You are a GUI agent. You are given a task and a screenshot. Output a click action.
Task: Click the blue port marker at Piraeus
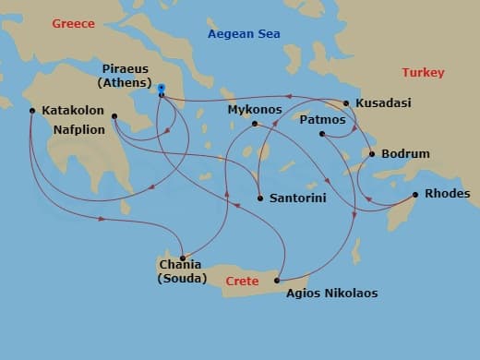[x=162, y=94]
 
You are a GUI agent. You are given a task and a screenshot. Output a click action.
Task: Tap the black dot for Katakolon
[x=32, y=111]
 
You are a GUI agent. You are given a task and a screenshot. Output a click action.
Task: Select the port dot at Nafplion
[x=114, y=116]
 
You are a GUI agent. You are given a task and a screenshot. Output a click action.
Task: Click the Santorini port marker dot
[x=260, y=198]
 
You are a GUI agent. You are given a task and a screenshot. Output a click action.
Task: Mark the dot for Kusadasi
[x=345, y=103]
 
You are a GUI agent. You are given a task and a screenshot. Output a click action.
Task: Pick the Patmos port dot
[x=322, y=135]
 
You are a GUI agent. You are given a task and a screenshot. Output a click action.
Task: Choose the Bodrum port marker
[x=372, y=153]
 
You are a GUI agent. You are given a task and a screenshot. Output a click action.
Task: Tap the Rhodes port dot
[x=415, y=194]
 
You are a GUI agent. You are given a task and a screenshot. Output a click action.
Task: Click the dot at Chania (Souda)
[x=183, y=258]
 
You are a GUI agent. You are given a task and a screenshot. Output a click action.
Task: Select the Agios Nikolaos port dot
[x=278, y=280]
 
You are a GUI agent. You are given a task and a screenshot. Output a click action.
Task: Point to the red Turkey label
[x=423, y=72]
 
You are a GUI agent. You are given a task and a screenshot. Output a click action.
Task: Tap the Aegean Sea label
[x=244, y=34]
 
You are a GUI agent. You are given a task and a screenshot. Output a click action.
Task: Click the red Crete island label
[x=241, y=279]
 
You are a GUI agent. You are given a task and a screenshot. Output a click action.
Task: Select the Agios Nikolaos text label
[x=331, y=294]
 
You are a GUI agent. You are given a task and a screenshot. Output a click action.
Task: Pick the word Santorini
[x=298, y=198]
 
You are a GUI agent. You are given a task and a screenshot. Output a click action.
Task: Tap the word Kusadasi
[x=383, y=102]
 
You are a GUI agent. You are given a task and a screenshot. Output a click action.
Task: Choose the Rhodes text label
[x=448, y=194]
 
